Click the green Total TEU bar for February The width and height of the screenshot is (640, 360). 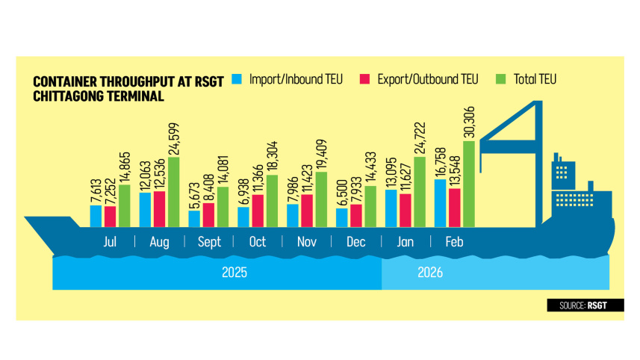(468, 183)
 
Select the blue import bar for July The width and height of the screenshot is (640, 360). (95, 216)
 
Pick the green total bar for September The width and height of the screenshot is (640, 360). (223, 206)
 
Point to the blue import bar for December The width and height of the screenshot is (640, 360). (341, 217)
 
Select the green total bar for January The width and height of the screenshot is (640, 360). (419, 191)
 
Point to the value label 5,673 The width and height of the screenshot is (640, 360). (194, 196)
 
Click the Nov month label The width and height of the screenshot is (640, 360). (306, 242)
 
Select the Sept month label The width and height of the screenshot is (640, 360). (208, 242)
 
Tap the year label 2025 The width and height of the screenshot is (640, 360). (234, 273)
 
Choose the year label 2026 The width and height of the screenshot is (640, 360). (431, 273)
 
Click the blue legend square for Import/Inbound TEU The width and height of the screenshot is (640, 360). (237, 78)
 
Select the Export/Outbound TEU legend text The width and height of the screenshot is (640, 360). (425, 78)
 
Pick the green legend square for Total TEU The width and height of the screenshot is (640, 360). (500, 78)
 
